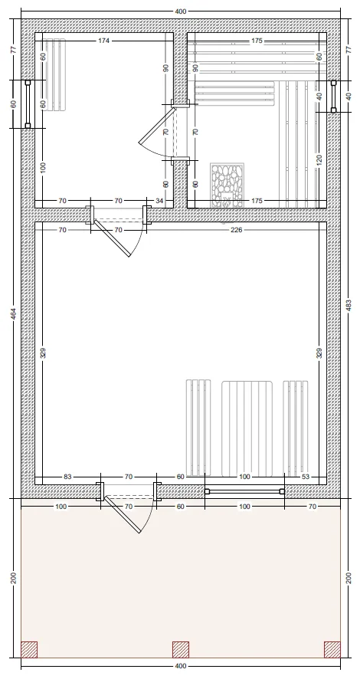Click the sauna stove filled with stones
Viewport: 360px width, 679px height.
pyautogui.click(x=227, y=185)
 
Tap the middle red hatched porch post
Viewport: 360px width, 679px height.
pyautogui.click(x=181, y=650)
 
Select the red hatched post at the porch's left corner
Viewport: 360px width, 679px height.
pyautogui.click(x=29, y=650)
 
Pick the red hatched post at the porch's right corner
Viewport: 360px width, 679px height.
pyautogui.click(x=332, y=650)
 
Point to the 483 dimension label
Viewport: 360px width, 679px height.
pyautogui.click(x=349, y=305)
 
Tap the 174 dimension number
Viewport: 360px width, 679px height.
pyautogui.click(x=104, y=41)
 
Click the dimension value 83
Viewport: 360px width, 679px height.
pyautogui.click(x=67, y=477)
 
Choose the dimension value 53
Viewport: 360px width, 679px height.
pyautogui.click(x=306, y=477)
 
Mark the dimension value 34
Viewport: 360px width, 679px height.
pyautogui.click(x=159, y=201)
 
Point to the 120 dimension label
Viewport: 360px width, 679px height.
pyautogui.click(x=319, y=161)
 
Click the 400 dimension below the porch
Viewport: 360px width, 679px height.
pyautogui.click(x=181, y=666)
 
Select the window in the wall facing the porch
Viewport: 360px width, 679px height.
pyautogui.click(x=244, y=491)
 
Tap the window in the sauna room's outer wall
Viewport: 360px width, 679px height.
pyautogui.click(x=334, y=97)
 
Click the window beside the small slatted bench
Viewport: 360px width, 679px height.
pyautogui.click(x=28, y=104)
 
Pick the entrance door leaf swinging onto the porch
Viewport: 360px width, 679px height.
pyautogui.click(x=123, y=514)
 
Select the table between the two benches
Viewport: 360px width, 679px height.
pyautogui.click(x=247, y=428)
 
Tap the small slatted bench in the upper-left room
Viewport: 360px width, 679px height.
pyautogui.click(x=54, y=74)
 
